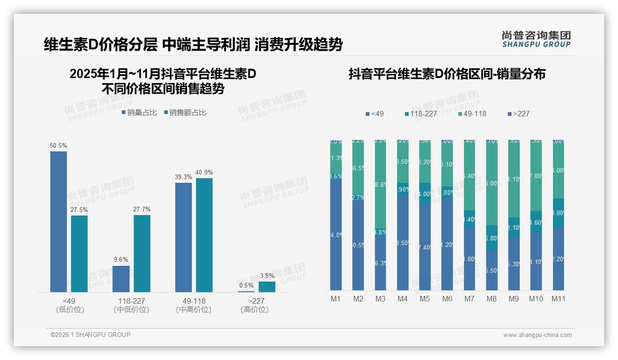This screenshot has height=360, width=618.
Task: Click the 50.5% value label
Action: point(59,146)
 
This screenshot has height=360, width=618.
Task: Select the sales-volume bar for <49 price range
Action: point(59,222)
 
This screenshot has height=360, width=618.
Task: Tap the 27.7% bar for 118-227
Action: point(142,253)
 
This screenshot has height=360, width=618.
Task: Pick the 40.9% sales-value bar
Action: point(204,235)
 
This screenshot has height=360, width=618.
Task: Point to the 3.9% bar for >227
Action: point(267,287)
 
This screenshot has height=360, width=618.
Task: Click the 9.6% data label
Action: point(121,260)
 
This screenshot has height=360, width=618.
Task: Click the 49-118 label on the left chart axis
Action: point(194,301)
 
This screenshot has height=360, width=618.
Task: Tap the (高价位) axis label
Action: point(254,310)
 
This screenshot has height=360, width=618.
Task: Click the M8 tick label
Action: point(492,299)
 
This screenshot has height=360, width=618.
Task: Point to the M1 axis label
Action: point(336,299)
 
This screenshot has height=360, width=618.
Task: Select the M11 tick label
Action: point(559,299)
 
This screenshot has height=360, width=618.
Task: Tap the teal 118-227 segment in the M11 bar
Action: point(559,213)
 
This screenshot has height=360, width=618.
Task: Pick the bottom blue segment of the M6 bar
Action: point(447,245)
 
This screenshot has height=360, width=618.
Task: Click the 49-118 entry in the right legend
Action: point(473,114)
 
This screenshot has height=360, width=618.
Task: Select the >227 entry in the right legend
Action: point(518,114)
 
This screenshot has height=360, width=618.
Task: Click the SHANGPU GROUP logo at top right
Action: point(536,39)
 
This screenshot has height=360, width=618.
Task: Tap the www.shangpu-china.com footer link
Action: point(537,335)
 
